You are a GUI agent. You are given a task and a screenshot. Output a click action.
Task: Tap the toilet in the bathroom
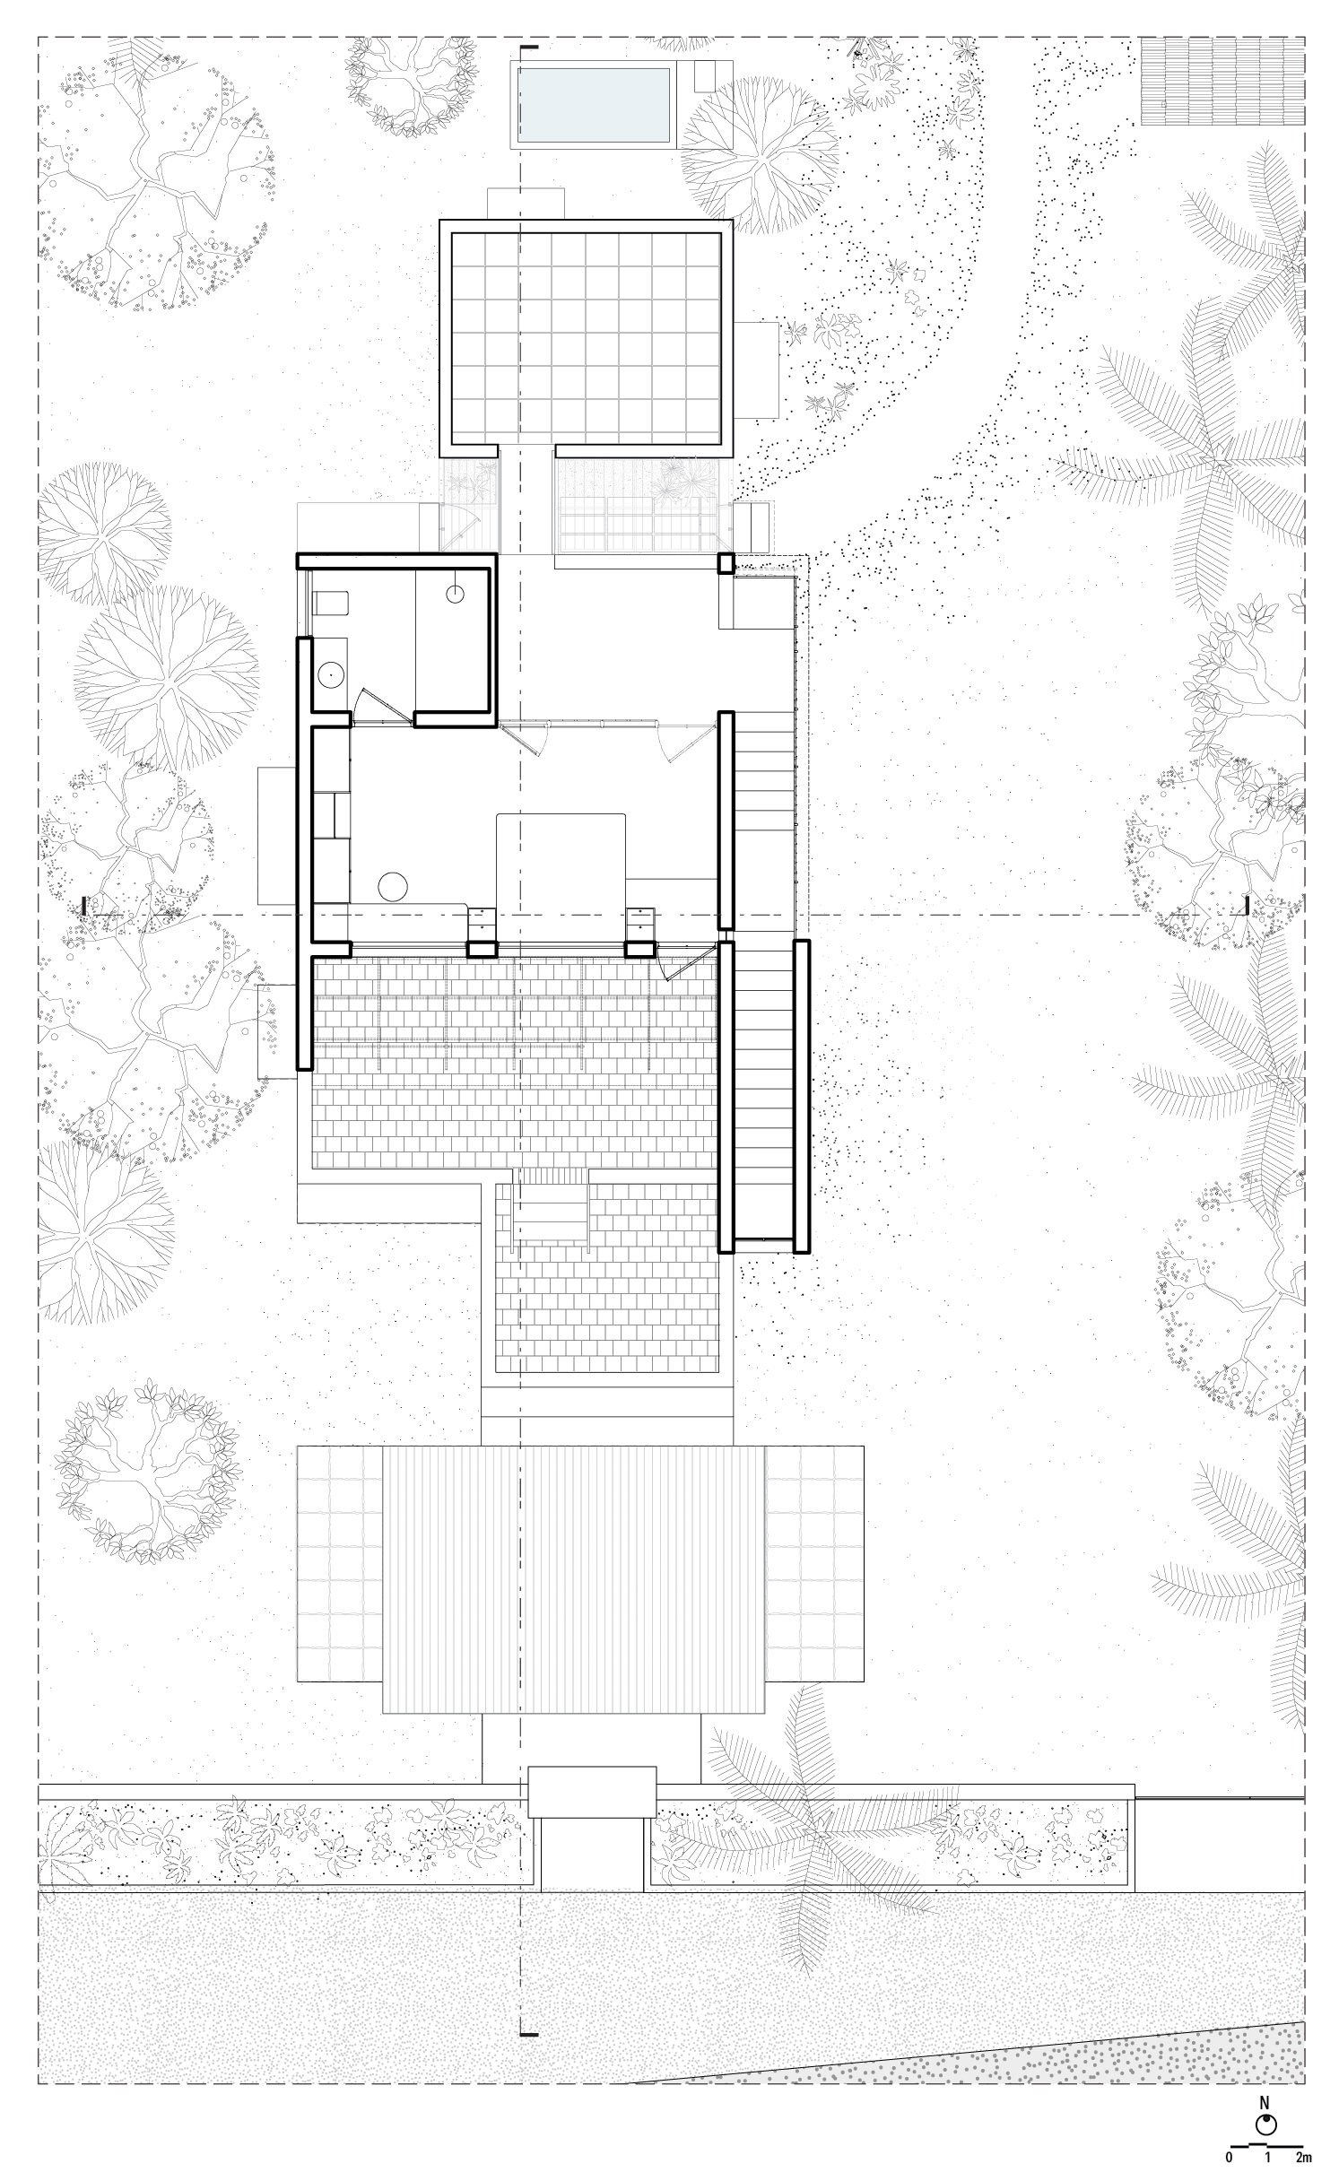click(330, 602)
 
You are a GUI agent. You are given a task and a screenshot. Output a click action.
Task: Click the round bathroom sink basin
click(331, 670)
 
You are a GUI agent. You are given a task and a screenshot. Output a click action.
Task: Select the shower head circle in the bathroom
click(456, 593)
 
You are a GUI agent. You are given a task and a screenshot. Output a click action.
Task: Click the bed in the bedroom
click(561, 861)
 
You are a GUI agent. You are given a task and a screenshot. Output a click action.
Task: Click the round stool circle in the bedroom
click(393, 887)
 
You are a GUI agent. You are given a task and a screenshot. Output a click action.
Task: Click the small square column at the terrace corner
click(725, 563)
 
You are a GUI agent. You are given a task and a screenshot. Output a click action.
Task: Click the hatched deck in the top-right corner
click(1222, 81)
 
